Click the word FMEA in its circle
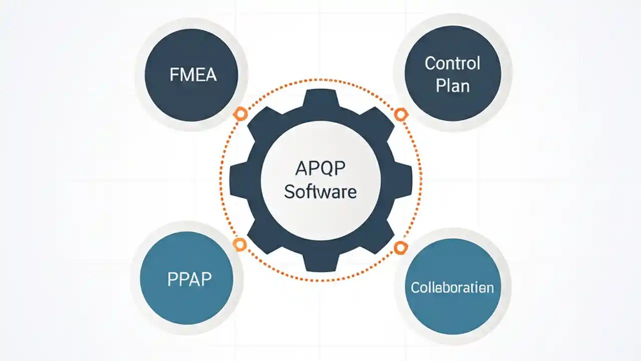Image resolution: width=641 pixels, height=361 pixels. [193, 75]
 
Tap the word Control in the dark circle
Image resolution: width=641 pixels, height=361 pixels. [452, 63]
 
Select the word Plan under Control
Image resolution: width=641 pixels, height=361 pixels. [452, 85]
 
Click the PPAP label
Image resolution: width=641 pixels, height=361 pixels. [189, 279]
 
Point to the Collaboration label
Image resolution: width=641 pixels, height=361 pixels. [452, 287]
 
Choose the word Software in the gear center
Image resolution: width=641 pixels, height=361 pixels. [320, 192]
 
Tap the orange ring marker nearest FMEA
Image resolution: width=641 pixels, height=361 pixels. [240, 114]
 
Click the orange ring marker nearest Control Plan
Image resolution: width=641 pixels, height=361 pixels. [400, 114]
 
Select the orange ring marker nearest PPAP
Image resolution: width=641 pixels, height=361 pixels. [240, 245]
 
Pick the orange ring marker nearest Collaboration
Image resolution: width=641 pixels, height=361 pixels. [400, 247]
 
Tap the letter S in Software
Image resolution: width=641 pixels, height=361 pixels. [289, 192]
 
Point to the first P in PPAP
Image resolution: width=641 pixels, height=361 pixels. [172, 279]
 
